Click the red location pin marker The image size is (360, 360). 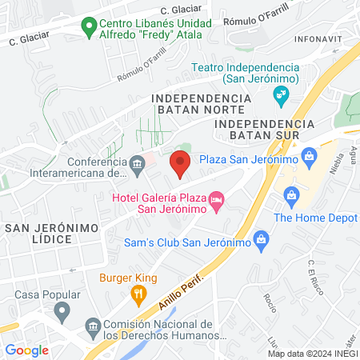pos(180,165)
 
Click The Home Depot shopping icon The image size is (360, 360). pos(291,194)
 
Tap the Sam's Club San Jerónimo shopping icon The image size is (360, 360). pos(261,238)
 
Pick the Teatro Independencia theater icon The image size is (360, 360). pos(281,97)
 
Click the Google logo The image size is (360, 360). pos(27,350)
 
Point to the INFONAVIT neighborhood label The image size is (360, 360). pos(317,38)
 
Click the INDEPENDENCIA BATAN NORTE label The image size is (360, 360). pos(201,103)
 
